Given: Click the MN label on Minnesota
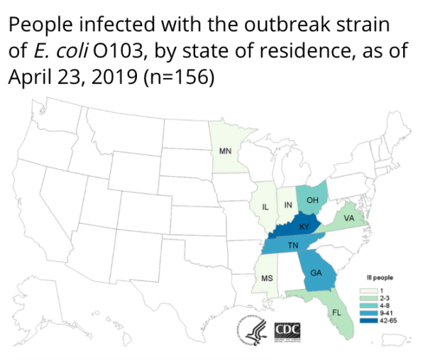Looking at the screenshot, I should pos(225,151).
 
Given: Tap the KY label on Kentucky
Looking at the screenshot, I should pos(303,227).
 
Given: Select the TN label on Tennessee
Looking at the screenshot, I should pos(292,246).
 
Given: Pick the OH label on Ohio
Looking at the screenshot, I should pos(312,201).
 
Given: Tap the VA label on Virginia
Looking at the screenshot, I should pos(348,219).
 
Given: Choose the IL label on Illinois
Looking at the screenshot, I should pos(265,207).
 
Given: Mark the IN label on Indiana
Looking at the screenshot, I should pos(288,204).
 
